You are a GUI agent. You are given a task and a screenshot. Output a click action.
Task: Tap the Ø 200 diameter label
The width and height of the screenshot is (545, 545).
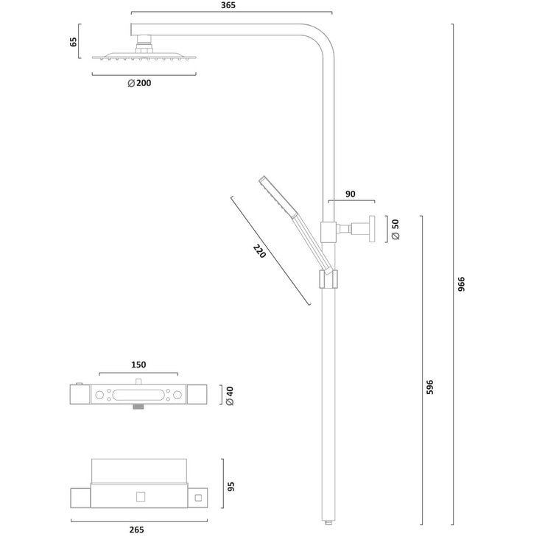click(139, 83)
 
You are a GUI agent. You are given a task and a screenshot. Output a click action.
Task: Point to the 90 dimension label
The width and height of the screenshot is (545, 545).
click(350, 194)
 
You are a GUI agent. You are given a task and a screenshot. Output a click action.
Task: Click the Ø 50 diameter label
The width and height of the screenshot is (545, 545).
click(395, 229)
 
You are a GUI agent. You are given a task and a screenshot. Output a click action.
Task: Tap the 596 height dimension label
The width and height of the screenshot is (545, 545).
click(430, 387)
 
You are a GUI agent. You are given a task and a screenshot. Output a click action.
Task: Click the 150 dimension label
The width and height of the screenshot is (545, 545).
click(138, 364)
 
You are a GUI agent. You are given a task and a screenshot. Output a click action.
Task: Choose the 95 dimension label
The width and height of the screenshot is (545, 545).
click(230, 486)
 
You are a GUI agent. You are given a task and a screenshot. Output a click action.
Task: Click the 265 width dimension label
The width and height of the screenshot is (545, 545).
click(136, 530)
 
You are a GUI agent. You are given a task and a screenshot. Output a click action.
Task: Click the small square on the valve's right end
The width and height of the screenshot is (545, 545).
click(198, 498)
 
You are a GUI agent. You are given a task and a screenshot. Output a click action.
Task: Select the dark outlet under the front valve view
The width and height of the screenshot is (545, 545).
click(138, 407)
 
